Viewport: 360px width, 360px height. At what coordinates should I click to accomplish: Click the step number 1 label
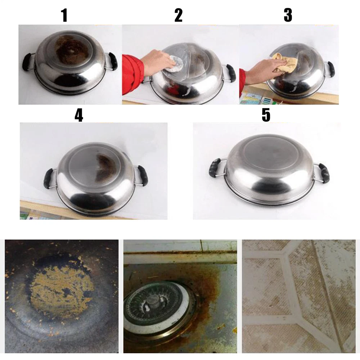click(65, 15)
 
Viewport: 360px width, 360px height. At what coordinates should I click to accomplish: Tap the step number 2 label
click(179, 15)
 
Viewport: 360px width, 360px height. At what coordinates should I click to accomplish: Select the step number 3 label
click(288, 15)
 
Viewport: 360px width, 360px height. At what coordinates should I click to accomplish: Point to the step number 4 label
click(79, 115)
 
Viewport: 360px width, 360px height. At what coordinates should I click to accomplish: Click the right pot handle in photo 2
click(230, 73)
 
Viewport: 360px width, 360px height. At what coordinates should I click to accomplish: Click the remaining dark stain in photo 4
click(105, 165)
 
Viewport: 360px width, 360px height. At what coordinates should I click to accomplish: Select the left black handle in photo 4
click(49, 178)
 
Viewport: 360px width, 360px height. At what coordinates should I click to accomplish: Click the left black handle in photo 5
click(215, 168)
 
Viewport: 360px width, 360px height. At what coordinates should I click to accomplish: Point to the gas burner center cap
click(152, 301)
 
